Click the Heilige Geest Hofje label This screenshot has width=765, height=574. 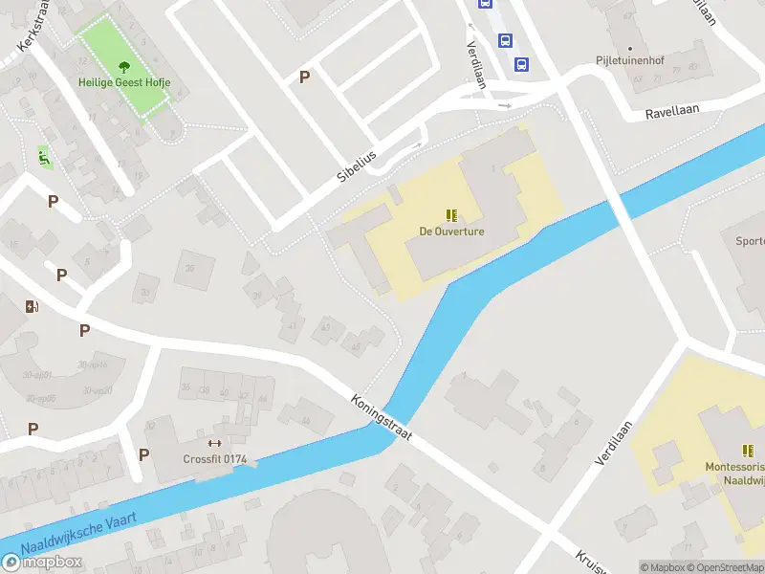124,83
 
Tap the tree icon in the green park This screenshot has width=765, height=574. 124,66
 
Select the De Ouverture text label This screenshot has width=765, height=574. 451,232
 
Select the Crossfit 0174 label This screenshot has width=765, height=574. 215,459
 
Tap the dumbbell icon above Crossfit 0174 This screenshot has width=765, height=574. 214,443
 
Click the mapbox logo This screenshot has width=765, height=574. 42,562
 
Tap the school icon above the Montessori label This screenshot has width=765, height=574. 747,451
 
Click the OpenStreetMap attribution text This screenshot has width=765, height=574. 724,567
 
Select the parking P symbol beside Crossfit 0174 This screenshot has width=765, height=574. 144,454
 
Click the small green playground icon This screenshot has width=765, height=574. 43,155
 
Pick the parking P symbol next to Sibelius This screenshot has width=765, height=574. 305,77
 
